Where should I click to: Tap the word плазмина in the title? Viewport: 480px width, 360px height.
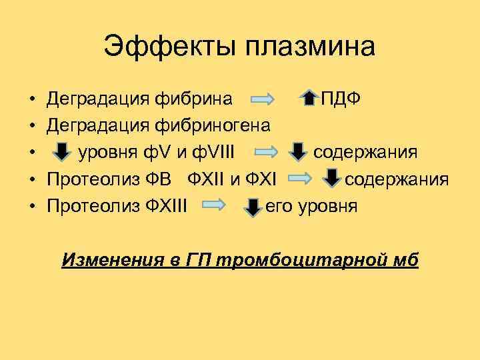[x=311, y=47]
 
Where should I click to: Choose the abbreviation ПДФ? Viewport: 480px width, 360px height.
[x=341, y=99]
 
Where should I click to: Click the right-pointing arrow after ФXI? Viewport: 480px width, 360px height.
[x=304, y=180]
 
